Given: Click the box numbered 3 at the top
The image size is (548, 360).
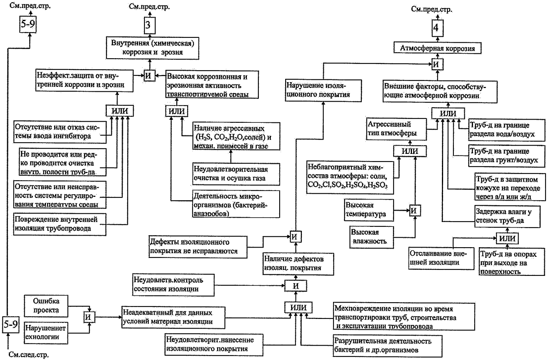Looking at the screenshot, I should coord(149,26).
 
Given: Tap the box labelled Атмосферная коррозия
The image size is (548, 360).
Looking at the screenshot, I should coord(438,48).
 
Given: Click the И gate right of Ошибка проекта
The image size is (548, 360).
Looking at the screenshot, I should coord(89,317).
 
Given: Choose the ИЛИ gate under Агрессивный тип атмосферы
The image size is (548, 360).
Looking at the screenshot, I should coord(410,151).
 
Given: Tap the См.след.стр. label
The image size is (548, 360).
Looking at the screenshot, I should coord(29,355).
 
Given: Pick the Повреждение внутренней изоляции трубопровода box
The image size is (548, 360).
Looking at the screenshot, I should coord(60,224).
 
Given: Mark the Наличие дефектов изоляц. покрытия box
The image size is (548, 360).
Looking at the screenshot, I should coord(298,264).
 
